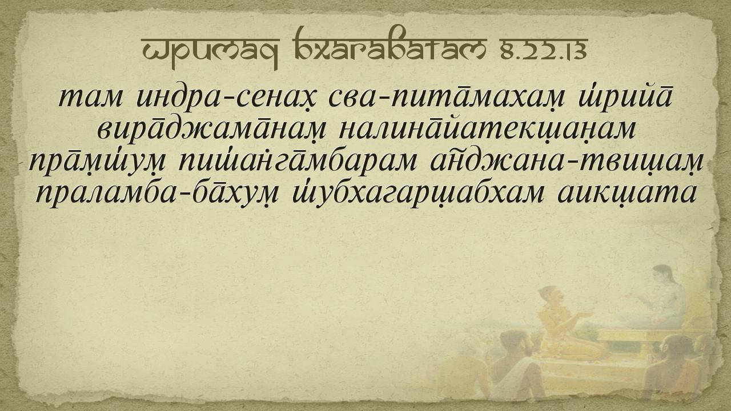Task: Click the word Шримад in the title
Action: pos(211,51)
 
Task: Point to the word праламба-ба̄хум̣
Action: pos(157,195)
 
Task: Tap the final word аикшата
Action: pos(627,194)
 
